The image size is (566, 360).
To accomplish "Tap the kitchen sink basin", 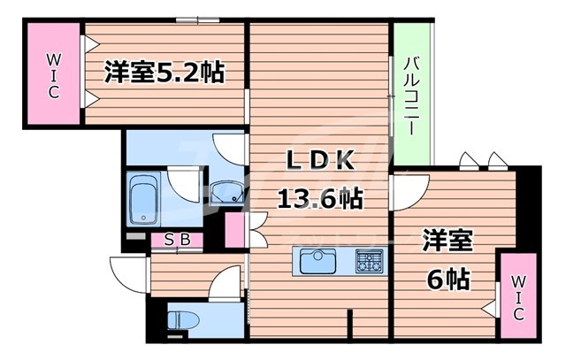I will pos(316,263).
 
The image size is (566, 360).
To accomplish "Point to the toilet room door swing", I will pos(228,283).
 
